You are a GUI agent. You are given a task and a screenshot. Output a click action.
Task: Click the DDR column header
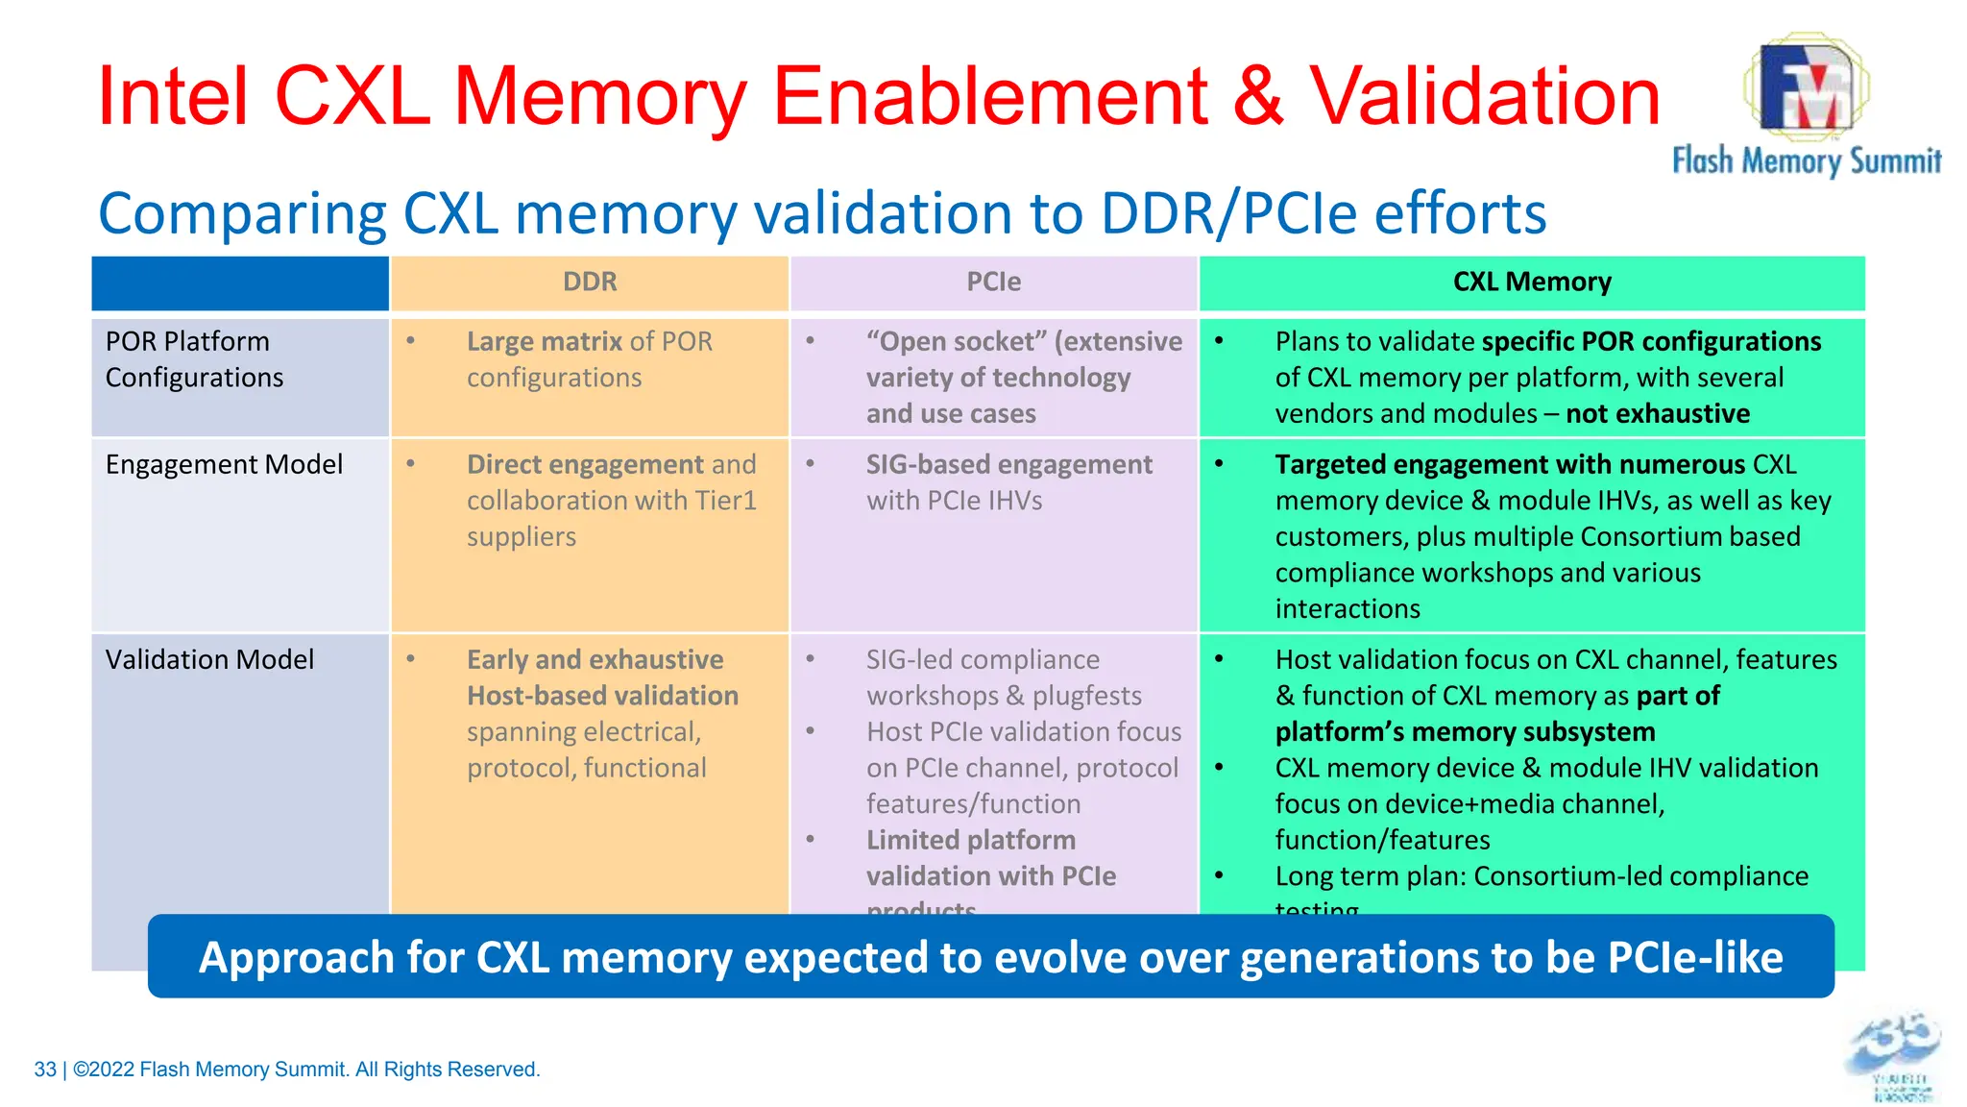pos(590,283)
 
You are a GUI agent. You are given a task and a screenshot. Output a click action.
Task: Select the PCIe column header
pos(993,283)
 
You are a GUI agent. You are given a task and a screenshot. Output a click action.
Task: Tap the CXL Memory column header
pos(1532,283)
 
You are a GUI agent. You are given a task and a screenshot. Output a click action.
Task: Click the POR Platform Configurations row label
pos(194,359)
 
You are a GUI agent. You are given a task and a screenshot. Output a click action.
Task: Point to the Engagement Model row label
pos(224,465)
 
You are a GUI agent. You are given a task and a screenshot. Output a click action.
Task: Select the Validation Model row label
pos(209,660)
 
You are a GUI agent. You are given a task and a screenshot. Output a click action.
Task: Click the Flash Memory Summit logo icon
pos(1805,86)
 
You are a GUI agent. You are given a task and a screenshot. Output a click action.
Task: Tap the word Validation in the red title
pos(1485,96)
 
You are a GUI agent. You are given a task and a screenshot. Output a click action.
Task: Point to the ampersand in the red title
pos(1258,96)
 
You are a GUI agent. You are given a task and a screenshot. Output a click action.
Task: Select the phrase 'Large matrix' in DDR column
pos(545,342)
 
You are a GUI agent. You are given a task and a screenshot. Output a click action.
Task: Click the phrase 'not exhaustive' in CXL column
pos(1658,414)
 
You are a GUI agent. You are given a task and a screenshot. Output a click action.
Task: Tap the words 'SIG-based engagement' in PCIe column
pos(1008,465)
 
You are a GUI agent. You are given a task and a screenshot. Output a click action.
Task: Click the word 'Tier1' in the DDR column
pos(725,501)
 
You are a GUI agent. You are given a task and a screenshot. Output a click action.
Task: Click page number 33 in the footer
pos(45,1070)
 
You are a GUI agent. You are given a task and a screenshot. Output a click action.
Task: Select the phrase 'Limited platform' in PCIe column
pos(970,841)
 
